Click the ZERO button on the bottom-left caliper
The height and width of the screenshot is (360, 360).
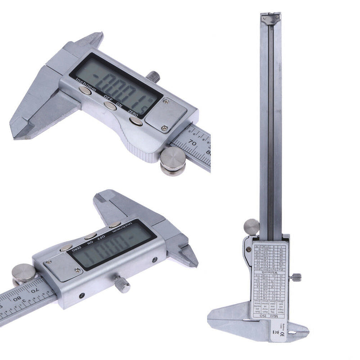coord(67,247)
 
